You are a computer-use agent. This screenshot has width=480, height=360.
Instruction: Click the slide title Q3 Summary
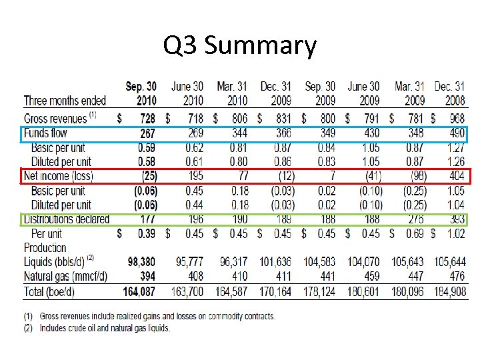click(240, 46)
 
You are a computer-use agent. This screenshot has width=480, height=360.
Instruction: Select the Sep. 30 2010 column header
click(141, 93)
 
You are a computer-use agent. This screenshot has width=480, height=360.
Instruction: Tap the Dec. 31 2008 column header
click(449, 93)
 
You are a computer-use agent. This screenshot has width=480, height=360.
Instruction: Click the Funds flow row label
click(45, 133)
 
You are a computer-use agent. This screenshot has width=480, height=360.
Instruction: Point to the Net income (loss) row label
click(59, 177)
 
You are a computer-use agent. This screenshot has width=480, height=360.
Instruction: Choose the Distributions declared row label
click(67, 219)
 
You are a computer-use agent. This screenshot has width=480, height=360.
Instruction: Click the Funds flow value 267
click(147, 133)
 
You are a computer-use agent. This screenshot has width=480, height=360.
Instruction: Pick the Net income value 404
click(455, 177)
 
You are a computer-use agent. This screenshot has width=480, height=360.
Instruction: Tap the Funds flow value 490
click(455, 133)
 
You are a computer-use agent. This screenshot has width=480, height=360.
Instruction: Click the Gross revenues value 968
click(455, 118)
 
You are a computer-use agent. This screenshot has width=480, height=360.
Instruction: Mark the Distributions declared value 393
click(455, 219)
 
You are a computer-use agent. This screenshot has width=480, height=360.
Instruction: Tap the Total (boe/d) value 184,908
click(449, 291)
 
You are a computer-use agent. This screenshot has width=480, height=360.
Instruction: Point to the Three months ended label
click(65, 101)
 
